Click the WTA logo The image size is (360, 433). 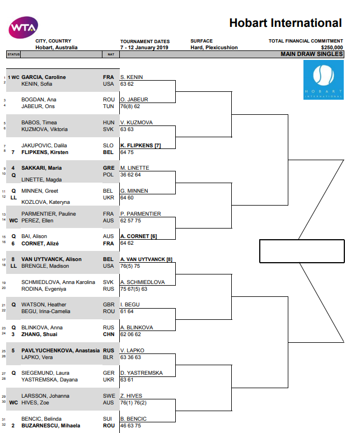tap(24, 27)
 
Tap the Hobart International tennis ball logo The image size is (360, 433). tap(324, 80)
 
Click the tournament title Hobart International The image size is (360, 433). tap(286, 23)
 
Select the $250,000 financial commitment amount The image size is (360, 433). tap(332, 48)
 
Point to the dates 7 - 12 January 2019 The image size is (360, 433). tap(144, 48)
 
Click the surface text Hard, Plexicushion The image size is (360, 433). tap(214, 48)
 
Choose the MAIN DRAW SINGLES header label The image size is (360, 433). tap(312, 54)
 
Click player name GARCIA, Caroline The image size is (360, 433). tap(44, 77)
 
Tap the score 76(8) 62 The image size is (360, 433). tap(130, 106)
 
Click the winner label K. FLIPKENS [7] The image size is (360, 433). tap(141, 146)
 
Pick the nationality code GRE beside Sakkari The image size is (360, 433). tap(109, 168)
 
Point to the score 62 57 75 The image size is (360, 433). tap(130, 221)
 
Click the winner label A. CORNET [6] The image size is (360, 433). tap(139, 236)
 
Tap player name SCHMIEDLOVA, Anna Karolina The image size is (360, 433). tap(58, 282)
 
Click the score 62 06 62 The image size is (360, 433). tap(130, 334)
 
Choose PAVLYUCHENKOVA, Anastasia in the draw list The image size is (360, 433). tap(60, 351)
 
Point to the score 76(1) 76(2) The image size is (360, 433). tap(133, 403)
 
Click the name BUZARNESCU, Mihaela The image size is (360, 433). tap(51, 426)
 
